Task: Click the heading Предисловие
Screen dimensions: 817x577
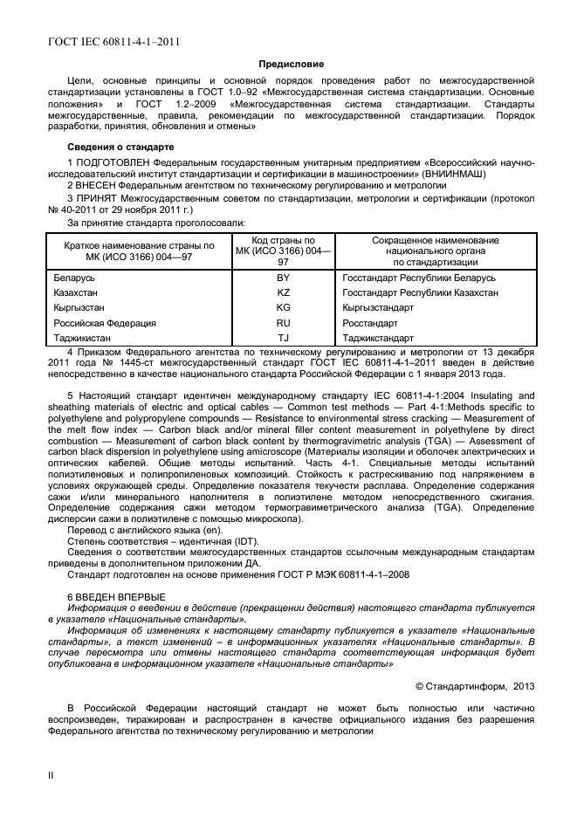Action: [291, 64]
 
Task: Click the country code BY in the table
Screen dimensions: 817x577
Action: [283, 278]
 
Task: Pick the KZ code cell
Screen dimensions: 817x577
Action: [283, 292]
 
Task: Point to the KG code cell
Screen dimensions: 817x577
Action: [283, 307]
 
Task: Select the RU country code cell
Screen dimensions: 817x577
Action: [283, 322]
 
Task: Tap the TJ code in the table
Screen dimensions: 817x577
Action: [283, 337]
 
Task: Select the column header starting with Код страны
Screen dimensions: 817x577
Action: [283, 251]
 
